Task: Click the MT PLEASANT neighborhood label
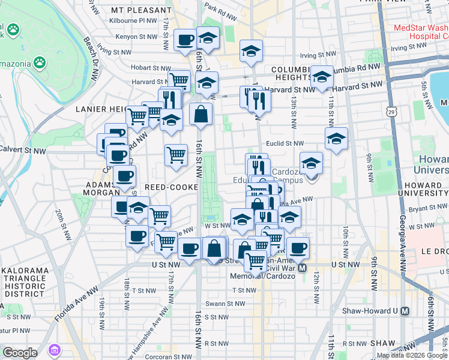(x=141, y=10)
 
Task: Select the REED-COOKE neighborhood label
(x=175, y=187)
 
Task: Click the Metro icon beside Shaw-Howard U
(x=406, y=311)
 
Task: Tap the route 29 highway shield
(x=391, y=112)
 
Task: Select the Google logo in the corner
(x=20, y=353)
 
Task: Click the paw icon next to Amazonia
(x=40, y=62)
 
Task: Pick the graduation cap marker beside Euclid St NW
(x=336, y=139)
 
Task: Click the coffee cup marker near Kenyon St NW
(x=185, y=40)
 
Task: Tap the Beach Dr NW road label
(x=92, y=60)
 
